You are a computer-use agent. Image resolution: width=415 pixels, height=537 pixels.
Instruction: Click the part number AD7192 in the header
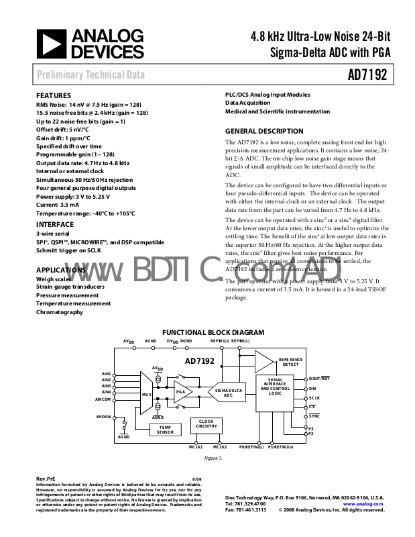coord(367,75)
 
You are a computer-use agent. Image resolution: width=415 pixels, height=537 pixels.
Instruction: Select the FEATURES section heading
coord(53,95)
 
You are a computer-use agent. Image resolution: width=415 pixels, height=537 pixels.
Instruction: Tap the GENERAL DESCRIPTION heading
coord(263,131)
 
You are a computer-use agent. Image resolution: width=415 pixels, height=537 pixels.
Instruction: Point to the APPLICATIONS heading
coord(60,269)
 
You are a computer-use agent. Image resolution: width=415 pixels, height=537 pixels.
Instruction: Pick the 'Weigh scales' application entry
coord(53,279)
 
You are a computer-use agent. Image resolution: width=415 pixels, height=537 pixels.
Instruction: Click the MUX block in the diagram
coord(146,393)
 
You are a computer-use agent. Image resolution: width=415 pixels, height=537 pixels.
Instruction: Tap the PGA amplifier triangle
coord(182,392)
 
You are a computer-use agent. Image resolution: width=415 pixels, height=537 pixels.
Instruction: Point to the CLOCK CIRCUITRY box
coord(206,424)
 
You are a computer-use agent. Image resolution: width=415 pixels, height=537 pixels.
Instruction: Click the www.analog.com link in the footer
coord(363,503)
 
